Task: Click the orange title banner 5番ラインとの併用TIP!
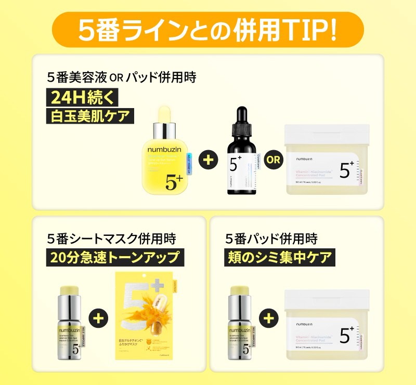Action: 208,31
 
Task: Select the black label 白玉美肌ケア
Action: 89,115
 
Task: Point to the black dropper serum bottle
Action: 240,156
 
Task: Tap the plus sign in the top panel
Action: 207,159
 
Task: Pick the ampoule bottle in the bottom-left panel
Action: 70,322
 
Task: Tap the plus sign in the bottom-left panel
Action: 99,316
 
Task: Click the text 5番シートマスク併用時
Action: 111,238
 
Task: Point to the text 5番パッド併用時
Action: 271,238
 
